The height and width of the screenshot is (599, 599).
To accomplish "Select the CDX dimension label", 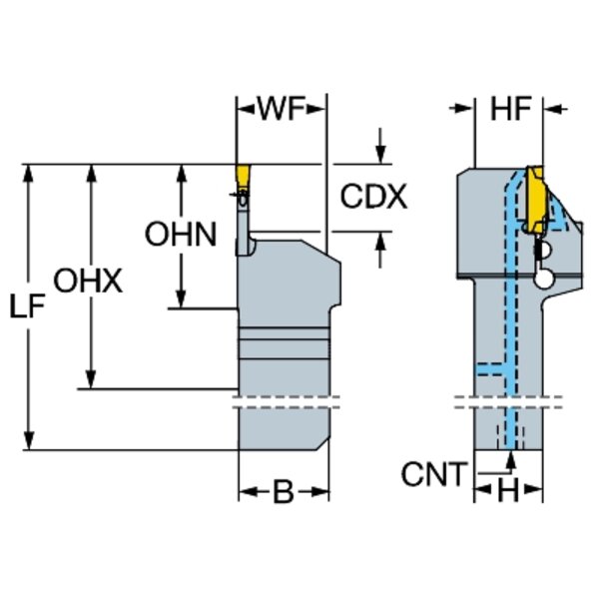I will tap(373, 196).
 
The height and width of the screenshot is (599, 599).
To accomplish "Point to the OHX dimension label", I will tap(87, 282).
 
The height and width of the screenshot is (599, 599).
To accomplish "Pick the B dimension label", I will tap(284, 493).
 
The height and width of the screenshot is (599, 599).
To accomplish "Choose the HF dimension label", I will tap(510, 107).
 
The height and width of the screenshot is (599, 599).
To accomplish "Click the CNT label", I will tap(434, 475).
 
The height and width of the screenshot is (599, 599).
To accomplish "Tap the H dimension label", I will tap(509, 491).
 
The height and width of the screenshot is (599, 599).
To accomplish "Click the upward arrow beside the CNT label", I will tap(511, 460).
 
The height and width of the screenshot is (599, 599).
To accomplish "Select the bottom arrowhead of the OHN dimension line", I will tap(181, 299).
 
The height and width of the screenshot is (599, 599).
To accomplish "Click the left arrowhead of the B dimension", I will tap(246, 493).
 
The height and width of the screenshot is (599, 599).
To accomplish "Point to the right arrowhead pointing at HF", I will tap(554, 107).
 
